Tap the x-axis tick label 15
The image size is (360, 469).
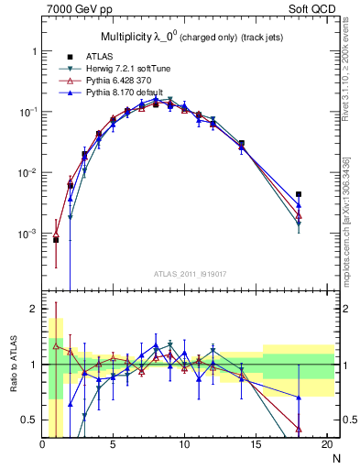tap(255, 445)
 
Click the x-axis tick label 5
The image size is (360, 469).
tap(113, 445)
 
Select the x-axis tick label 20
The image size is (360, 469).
tap(325, 445)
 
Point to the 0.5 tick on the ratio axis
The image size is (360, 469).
tap(29, 420)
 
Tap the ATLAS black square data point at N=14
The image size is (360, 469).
tap(241, 144)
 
